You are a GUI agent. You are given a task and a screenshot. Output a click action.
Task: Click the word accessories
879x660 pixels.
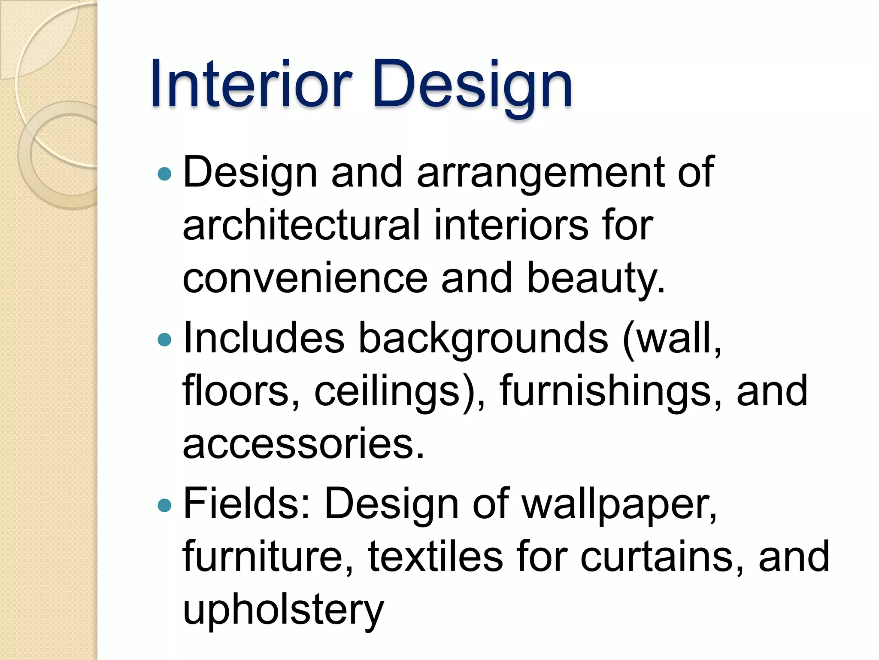pos(303,444)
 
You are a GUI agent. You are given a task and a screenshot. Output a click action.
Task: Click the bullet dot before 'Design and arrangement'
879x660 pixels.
pos(164,174)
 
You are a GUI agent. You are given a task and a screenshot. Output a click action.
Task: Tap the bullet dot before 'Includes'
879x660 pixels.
pos(164,340)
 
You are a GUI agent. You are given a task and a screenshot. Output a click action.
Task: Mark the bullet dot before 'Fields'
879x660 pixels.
pos(164,505)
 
